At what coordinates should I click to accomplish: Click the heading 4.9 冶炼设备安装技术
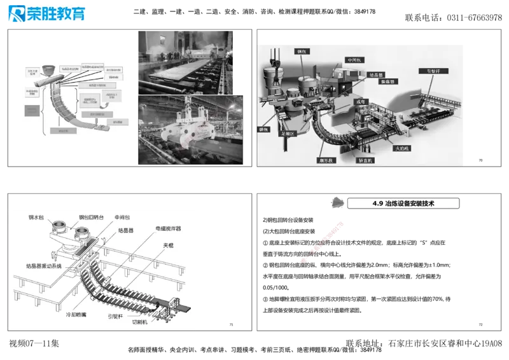pyautogui.click(x=406, y=204)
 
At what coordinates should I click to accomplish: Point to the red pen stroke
pyautogui.click(x=323, y=241)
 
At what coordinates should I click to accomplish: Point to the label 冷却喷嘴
pyautogui.click(x=78, y=314)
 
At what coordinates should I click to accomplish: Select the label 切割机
pyautogui.click(x=139, y=322)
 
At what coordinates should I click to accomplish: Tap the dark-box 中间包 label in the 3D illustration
pyautogui.click(x=354, y=60)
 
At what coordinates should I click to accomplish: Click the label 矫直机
pyautogui.click(x=366, y=161)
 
